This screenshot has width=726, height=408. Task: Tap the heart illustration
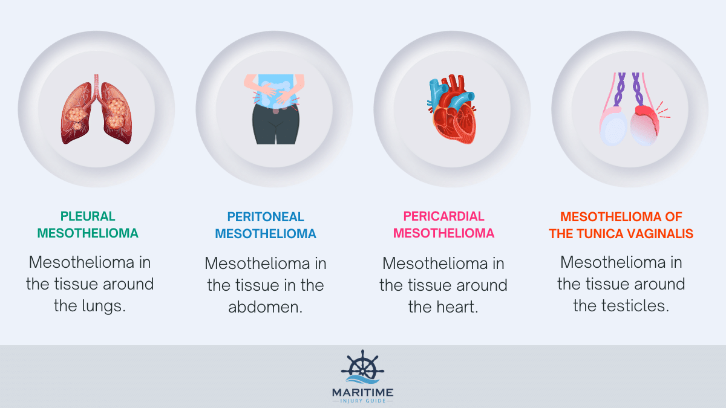452,109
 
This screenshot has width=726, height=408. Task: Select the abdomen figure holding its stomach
275,109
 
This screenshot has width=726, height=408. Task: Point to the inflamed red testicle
645,126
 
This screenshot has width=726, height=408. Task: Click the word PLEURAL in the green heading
88,216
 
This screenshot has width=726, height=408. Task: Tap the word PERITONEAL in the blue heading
266,217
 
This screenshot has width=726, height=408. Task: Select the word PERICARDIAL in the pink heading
443,216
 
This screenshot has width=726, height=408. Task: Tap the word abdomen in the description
265,307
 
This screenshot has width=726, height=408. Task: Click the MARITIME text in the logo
362,393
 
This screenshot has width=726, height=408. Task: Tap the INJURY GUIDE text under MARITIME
362,401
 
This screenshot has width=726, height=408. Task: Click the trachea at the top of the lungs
96,85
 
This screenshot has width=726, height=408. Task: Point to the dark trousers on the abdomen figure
275,125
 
